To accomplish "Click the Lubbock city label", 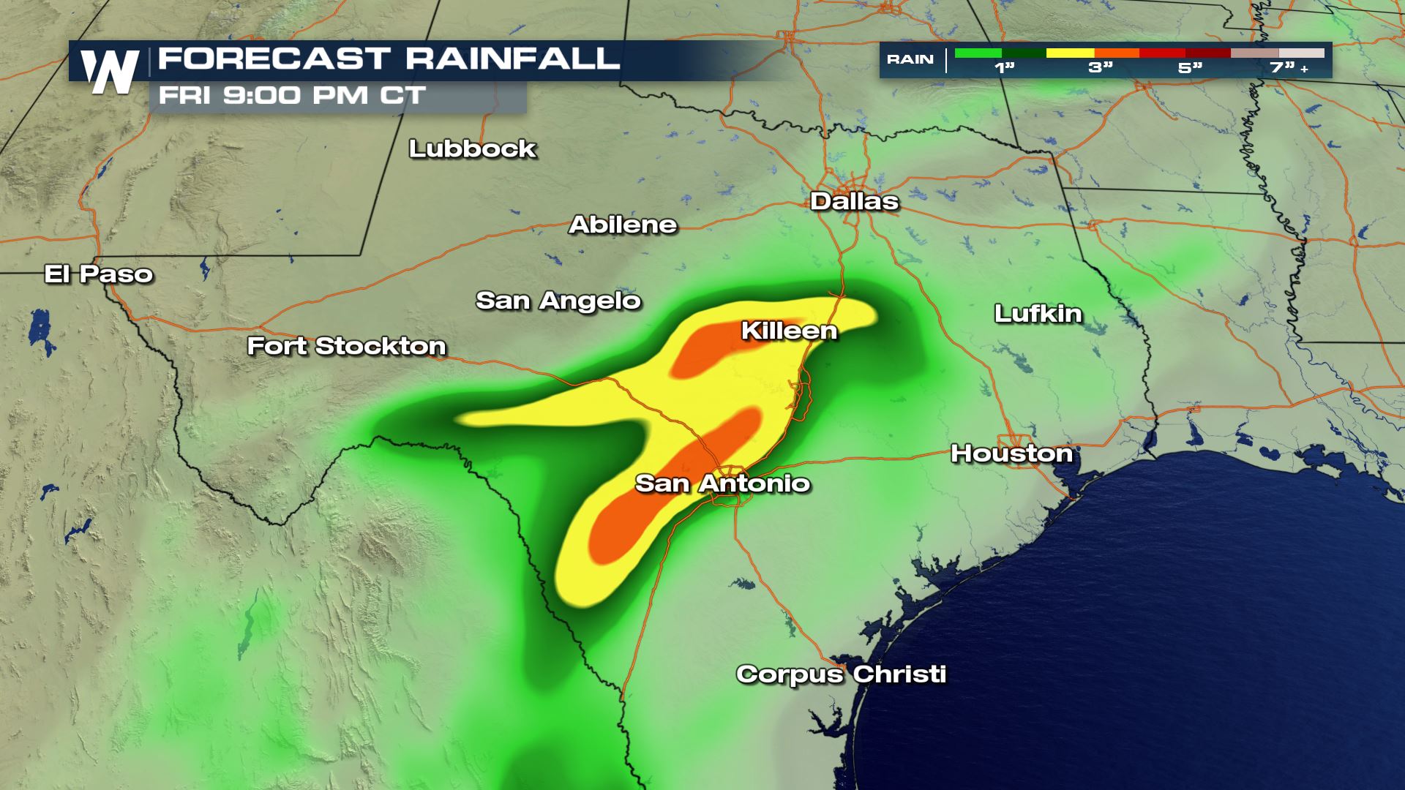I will point(473,149).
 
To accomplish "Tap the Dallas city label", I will point(854,202).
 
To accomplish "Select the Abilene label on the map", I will point(623,225).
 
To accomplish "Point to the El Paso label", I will point(99,274).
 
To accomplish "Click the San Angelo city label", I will point(558,301).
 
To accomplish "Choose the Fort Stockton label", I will point(346,346).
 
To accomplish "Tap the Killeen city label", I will point(789,331).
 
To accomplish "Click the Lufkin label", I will point(1038,314).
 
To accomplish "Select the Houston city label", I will point(1011,454).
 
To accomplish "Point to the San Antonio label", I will point(722,484).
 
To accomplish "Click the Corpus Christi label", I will point(841,674).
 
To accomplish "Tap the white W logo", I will point(110,72).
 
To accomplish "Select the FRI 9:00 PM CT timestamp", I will point(292,96).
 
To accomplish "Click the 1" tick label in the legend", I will point(1004,68).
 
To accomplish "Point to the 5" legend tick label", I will point(1190,68).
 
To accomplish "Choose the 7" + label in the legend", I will point(1289,68).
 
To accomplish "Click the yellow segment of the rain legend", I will point(1070,53).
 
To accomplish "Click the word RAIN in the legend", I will point(910,59).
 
